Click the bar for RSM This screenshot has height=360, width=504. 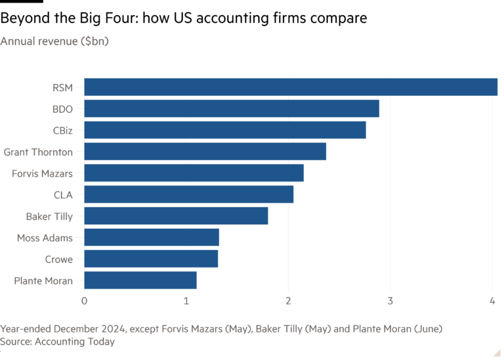tap(291, 87)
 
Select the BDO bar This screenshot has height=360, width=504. tap(232, 109)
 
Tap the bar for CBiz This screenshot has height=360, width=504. tap(225, 130)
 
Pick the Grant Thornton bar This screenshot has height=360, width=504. tap(205, 151)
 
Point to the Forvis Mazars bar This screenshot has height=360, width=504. tap(194, 173)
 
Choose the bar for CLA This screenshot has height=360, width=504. tap(189, 194)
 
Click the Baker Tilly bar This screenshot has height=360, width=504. tap(176, 216)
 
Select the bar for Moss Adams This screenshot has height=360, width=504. tap(152, 237)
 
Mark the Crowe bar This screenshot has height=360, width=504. tap(151, 258)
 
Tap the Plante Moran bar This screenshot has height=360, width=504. tap(140, 280)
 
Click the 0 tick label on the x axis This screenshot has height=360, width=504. tap(84, 300)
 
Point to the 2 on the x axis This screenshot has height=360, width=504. tap(288, 300)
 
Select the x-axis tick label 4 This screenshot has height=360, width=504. tap(492, 300)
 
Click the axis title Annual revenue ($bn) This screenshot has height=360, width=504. tap(54, 41)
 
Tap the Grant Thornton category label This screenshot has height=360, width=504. tap(38, 152)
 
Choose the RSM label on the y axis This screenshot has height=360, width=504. tap(62, 88)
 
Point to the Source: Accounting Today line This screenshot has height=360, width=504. tap(58, 342)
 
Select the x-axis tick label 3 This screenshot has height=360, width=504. tap(390, 300)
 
